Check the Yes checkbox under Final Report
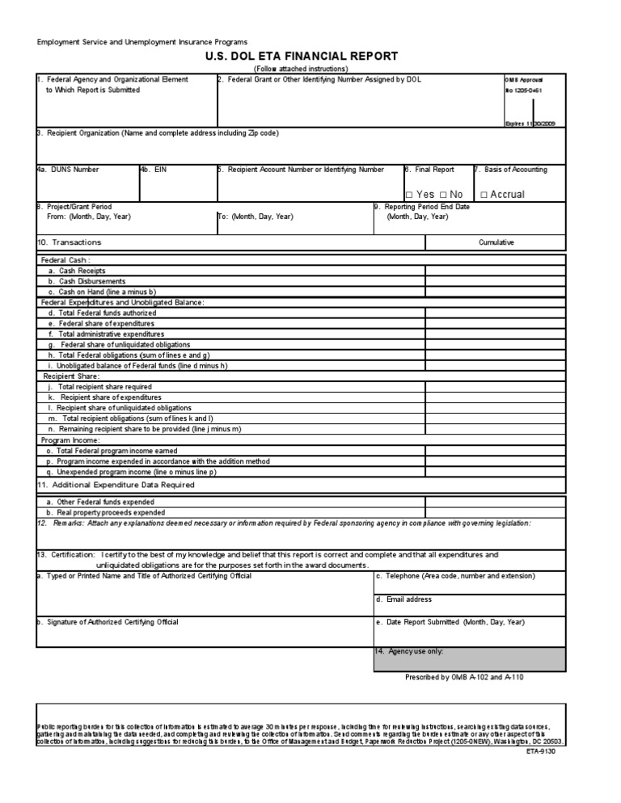[x=409, y=195]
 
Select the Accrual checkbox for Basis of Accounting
[x=484, y=195]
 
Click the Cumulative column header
[x=496, y=242]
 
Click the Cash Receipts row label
[x=77, y=271]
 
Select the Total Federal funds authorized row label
[x=97, y=313]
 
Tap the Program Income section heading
[x=70, y=440]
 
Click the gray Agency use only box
[x=469, y=659]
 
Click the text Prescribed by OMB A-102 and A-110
[x=464, y=677]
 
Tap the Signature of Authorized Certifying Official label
[x=108, y=622]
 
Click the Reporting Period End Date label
[x=421, y=207]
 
